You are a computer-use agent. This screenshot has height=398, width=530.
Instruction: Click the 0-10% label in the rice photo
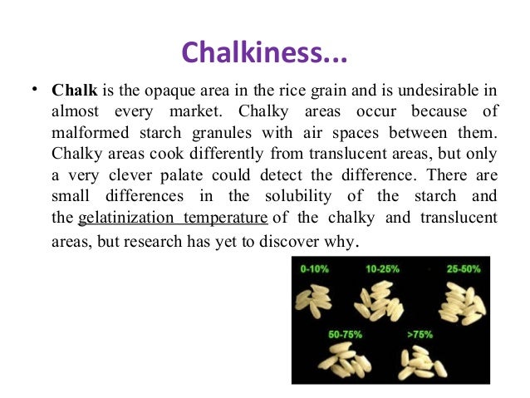[x=317, y=269]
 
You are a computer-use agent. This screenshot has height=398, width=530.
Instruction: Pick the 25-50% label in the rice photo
[x=464, y=269]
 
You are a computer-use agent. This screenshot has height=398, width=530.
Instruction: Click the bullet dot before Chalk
[x=31, y=89]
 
